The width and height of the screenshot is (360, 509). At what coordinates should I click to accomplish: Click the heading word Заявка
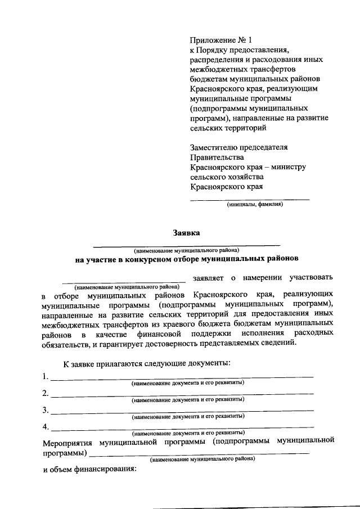[186, 233]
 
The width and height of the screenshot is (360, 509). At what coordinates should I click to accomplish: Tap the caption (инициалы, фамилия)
[255, 205]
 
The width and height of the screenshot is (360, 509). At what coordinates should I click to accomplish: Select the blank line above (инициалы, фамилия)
[250, 199]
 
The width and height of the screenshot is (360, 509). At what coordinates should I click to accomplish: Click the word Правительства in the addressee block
[217, 157]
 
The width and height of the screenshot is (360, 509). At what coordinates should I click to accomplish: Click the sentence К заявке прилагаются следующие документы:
[146, 364]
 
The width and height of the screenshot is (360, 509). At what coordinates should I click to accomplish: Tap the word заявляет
[208, 277]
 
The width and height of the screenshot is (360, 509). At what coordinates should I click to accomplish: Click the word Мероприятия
[67, 442]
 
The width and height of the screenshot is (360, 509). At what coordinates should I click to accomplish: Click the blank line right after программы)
[199, 453]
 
